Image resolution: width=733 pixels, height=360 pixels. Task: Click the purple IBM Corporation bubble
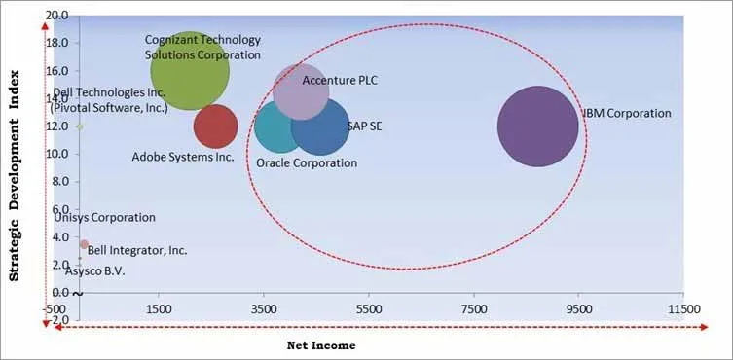click(537, 126)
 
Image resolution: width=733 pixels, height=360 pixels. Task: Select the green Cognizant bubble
click(191, 69)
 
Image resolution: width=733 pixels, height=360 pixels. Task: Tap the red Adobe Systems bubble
click(215, 126)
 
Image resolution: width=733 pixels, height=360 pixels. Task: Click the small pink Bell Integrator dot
click(84, 244)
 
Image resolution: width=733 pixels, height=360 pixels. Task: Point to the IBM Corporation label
click(627, 114)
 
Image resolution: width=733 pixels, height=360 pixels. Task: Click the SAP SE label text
click(363, 126)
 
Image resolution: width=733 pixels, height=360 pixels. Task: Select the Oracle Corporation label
click(307, 162)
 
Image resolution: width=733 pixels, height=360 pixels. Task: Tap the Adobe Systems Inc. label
click(183, 156)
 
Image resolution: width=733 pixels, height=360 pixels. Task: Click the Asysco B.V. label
click(88, 271)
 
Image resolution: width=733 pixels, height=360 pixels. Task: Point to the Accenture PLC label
click(340, 80)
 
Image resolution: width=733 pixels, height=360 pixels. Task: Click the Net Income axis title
click(320, 345)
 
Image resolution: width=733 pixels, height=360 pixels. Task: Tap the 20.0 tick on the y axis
click(57, 17)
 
